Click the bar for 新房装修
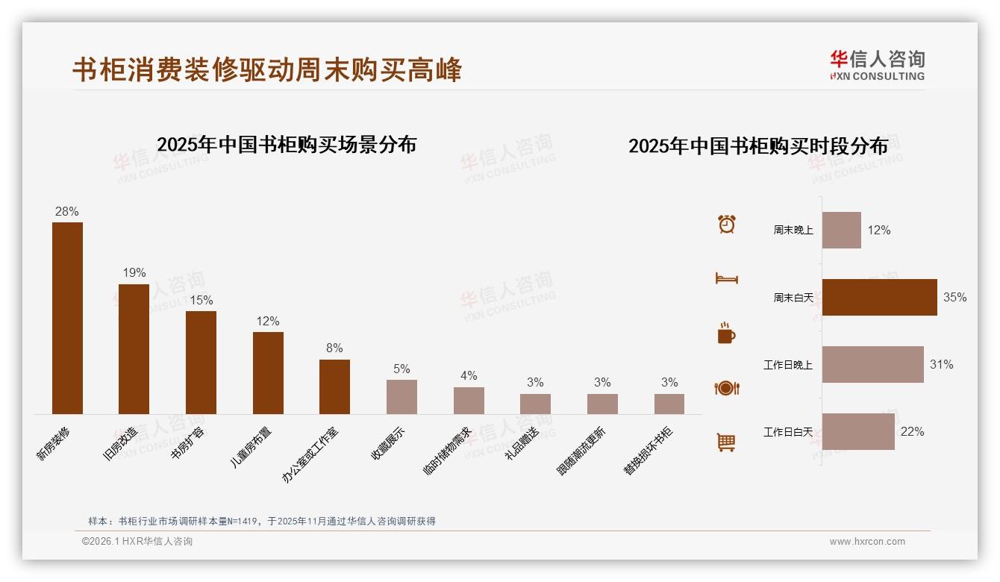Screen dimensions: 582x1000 (67, 318)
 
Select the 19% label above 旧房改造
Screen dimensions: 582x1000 (134, 273)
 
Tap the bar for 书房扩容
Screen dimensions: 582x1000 (201, 362)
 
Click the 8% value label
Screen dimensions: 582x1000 (334, 348)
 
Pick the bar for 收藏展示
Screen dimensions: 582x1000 (401, 396)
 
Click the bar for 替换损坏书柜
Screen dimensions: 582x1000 (669, 404)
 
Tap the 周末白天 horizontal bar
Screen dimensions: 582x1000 (879, 297)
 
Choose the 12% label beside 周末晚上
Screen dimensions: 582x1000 (878, 231)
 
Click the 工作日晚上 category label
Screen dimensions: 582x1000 (787, 365)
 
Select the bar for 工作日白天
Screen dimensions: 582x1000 (858, 431)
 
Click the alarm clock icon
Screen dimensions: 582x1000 (727, 224)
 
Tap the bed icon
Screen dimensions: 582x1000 (727, 278)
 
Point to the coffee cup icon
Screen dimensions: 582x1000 (726, 333)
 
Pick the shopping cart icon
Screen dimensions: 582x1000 (726, 442)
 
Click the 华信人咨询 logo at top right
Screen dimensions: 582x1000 (878, 65)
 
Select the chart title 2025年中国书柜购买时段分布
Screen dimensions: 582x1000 (758, 145)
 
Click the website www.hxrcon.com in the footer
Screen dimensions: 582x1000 (867, 542)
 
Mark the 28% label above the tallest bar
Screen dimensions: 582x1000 (66, 212)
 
